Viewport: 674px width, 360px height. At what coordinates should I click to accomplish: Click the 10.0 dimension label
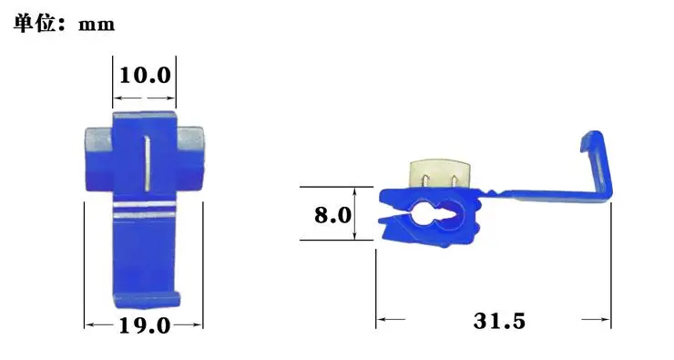(145, 76)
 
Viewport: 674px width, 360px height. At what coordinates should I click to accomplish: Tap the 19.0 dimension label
(145, 325)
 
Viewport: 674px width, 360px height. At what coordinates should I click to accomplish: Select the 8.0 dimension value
(332, 214)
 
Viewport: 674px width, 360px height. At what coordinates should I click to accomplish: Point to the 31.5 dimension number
(499, 321)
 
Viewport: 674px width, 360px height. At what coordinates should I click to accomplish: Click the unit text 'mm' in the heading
(97, 25)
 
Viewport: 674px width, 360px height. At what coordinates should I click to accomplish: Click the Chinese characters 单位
(35, 23)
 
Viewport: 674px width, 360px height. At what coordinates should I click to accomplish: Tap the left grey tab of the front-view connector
(98, 138)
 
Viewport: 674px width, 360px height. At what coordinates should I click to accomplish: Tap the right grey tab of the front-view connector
(190, 138)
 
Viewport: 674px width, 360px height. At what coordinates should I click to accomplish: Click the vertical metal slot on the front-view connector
(147, 163)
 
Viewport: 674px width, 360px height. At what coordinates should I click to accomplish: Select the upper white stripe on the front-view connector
(145, 205)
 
